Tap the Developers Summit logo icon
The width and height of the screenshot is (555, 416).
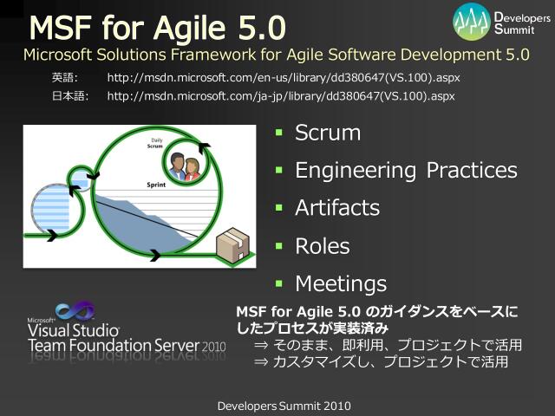(x=472, y=19)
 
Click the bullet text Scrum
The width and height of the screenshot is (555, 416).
(x=327, y=133)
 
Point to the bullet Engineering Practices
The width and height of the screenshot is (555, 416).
(x=406, y=171)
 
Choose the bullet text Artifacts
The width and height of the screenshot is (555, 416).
(x=337, y=208)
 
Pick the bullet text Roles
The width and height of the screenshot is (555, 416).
(x=322, y=246)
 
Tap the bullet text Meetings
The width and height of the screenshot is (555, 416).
(x=341, y=283)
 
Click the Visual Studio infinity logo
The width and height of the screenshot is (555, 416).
(x=75, y=312)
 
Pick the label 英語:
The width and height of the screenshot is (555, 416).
(x=65, y=78)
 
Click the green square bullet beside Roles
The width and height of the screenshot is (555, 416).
(x=279, y=246)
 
